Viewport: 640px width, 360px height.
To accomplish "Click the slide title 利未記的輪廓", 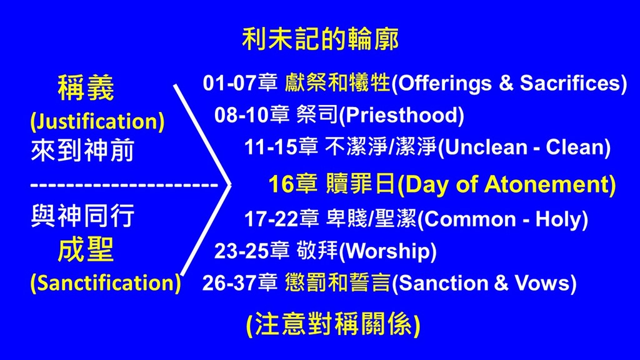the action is pos(321,39).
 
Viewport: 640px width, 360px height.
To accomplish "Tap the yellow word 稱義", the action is pos(86,87).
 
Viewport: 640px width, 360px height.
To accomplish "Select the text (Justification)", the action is pos(97,121).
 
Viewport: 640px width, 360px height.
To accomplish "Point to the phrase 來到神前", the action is pos(82,150).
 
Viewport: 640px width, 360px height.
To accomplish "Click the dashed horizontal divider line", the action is pos(124,185).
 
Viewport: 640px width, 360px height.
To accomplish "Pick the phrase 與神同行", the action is pos(82,216).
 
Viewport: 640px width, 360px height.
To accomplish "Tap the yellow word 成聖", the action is pos(86,250).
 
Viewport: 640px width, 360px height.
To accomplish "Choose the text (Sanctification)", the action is pos(105,282).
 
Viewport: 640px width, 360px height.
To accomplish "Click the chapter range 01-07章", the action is pos(241,83).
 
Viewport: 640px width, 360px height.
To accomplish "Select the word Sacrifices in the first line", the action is pos(570,83).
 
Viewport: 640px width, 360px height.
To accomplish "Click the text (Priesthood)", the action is pos(402,115).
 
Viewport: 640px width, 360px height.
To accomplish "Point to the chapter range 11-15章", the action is pos(281,147).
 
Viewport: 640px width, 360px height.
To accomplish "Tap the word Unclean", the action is pos(486,147).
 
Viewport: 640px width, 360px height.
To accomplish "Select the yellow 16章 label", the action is pos(293,184).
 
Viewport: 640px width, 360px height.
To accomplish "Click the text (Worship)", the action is pos(387,251).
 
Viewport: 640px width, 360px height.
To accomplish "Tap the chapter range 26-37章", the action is pos(240,283).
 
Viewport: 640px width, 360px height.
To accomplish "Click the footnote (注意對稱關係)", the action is pos(333,325).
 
